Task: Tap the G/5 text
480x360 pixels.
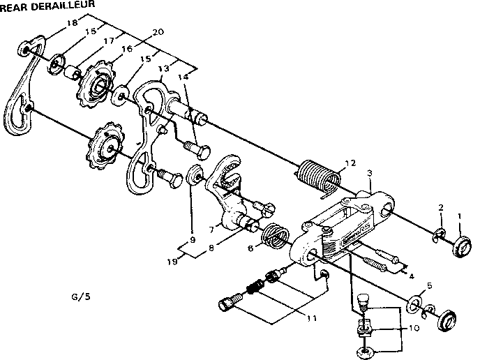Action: (82, 296)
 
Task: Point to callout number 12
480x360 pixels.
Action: (350, 163)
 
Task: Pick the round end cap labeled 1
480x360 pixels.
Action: (462, 246)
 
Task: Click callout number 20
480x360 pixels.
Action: (158, 32)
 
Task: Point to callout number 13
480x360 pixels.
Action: (164, 70)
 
